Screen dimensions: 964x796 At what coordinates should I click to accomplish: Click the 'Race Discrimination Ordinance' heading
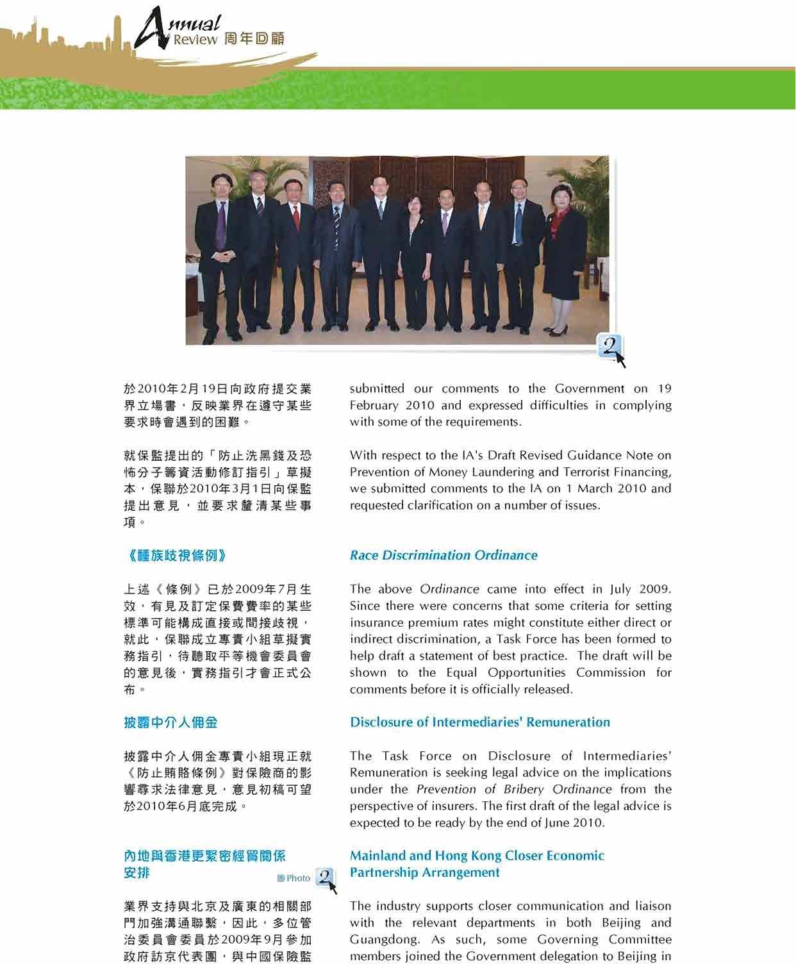click(x=444, y=555)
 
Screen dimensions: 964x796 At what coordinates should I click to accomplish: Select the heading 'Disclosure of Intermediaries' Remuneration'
click(x=479, y=722)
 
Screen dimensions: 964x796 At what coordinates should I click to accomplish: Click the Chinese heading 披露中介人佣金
click(x=170, y=722)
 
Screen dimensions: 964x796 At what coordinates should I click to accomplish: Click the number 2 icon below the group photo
click(x=610, y=348)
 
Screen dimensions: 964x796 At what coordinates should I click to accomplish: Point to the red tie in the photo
click(x=296, y=217)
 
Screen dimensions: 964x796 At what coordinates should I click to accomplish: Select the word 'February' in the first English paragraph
click(x=372, y=406)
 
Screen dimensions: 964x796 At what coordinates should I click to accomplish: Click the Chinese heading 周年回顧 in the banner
click(x=254, y=39)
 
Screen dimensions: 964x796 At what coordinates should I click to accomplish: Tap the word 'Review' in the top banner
click(x=195, y=40)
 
